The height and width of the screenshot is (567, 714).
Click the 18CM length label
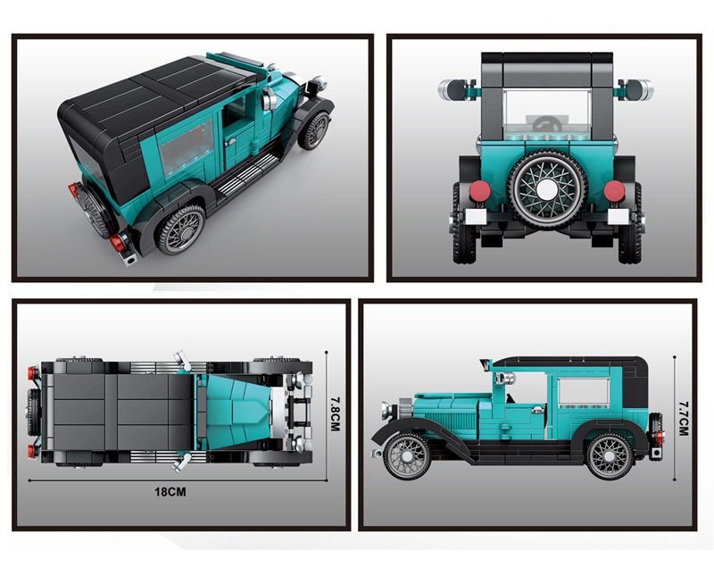(170, 492)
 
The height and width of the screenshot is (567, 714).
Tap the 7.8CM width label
(336, 414)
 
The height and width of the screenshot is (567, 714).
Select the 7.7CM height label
(684, 419)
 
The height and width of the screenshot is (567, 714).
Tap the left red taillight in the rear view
(478, 190)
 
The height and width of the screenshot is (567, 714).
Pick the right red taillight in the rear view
(614, 190)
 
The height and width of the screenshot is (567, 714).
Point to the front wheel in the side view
(407, 456)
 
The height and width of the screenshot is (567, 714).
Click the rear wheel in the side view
(610, 456)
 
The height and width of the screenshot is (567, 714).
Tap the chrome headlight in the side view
(387, 411)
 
